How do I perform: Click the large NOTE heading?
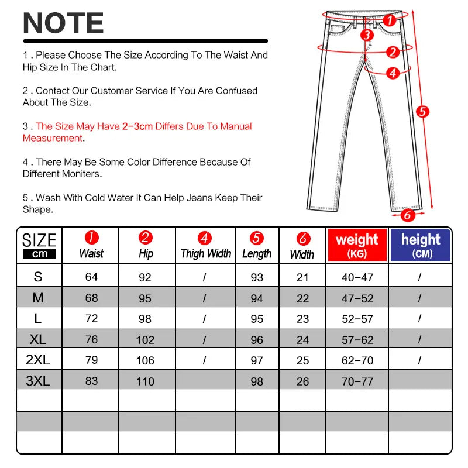[63, 23]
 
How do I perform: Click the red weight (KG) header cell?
[357, 245]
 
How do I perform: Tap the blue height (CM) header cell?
[421, 245]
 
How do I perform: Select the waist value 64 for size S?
[91, 277]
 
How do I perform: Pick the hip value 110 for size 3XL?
[145, 381]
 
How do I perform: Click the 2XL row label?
[38, 360]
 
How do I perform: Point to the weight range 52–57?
[357, 319]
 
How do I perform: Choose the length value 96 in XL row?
[257, 340]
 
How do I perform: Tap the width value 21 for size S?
[302, 277]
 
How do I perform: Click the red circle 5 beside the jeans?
[423, 111]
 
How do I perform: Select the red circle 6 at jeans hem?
[407, 215]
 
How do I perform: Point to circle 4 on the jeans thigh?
[393, 73]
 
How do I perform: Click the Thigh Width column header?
[205, 246]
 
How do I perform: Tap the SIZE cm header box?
[39, 246]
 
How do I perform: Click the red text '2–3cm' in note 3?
[138, 126]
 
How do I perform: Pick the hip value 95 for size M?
[145, 298]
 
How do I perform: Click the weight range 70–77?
[357, 381]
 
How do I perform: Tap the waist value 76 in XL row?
[91, 339]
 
